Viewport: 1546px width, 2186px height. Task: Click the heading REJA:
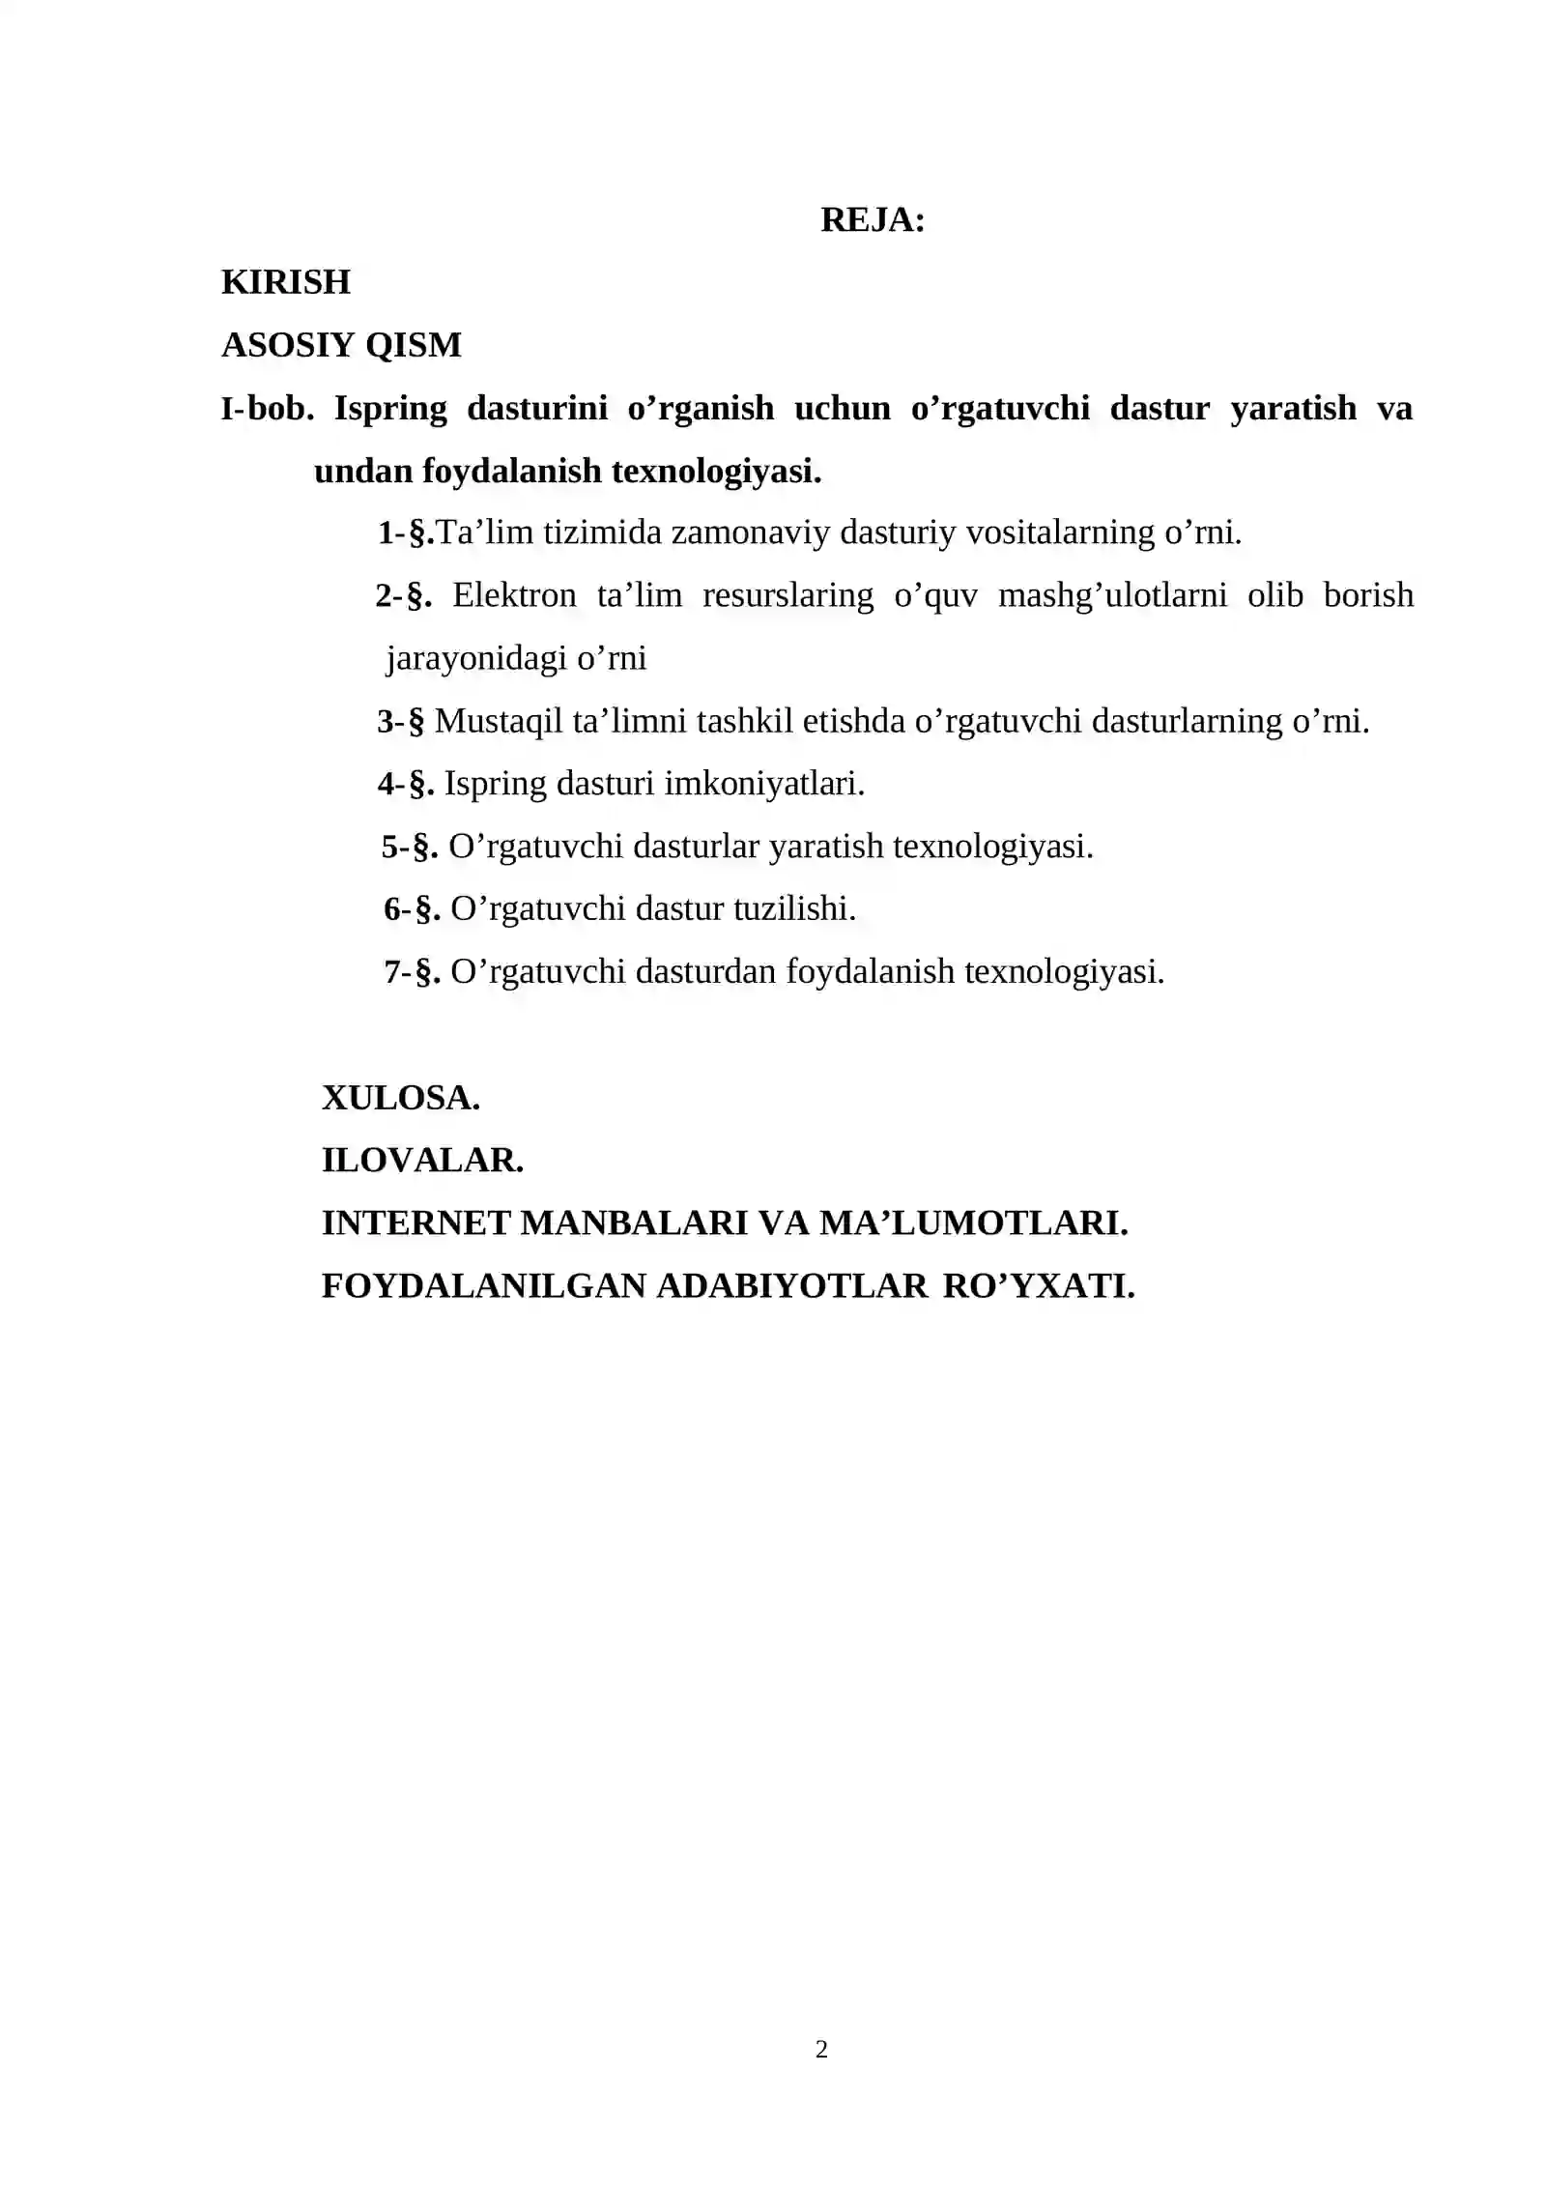[873, 220]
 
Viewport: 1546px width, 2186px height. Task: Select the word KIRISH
[286, 282]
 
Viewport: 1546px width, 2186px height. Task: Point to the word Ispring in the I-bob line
[390, 409]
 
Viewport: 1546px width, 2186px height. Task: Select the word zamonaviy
[750, 532]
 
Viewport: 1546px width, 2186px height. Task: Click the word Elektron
[514, 595]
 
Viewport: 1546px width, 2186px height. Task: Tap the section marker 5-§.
[410, 847]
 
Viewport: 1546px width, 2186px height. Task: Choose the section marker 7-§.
[413, 971]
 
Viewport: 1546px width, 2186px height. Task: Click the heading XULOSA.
[401, 1098]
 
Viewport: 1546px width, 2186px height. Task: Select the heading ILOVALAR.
[422, 1161]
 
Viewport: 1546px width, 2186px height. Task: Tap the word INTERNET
[415, 1223]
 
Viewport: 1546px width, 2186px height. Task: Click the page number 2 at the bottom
[821, 2050]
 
